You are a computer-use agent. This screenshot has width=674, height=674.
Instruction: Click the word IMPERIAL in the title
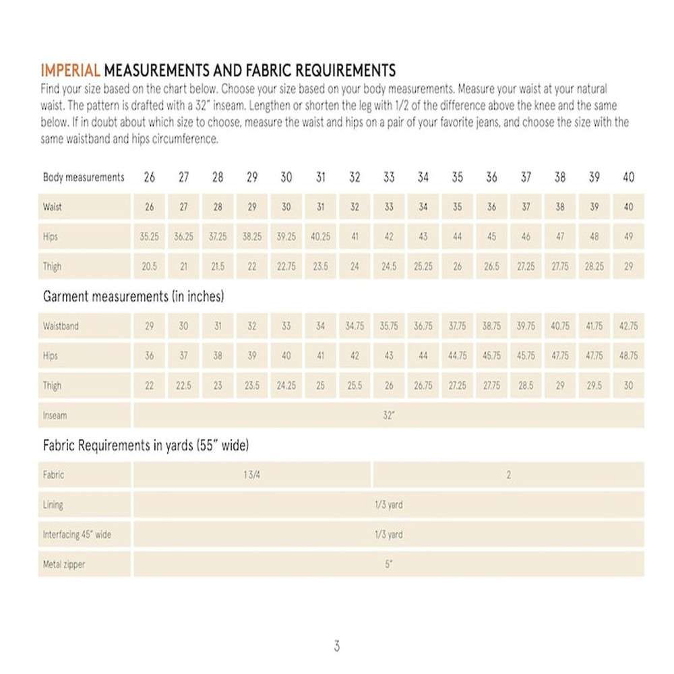tap(71, 70)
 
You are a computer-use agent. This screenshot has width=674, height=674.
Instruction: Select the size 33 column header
tap(389, 177)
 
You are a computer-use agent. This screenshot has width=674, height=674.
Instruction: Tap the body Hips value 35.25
tap(150, 237)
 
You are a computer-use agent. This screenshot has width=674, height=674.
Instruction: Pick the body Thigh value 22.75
tap(286, 267)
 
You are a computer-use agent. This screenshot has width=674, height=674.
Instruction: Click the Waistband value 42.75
tap(628, 326)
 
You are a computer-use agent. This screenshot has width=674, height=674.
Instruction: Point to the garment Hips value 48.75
tap(628, 356)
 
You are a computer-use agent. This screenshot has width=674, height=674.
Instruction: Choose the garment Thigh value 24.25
tap(286, 386)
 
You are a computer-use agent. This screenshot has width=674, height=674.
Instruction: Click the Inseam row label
tap(55, 416)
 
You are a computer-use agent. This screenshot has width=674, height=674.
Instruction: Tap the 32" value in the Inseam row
tap(388, 416)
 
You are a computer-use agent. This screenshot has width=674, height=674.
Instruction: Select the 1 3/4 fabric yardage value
tap(251, 475)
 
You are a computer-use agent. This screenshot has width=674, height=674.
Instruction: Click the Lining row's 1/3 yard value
tap(388, 505)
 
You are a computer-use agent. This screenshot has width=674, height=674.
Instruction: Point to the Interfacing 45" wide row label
tap(77, 535)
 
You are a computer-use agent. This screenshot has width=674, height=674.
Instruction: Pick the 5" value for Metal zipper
tap(388, 565)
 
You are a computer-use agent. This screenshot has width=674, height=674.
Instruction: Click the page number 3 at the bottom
tap(336, 646)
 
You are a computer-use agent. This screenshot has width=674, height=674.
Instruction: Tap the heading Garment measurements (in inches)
tap(133, 297)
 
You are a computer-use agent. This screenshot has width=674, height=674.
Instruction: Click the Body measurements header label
tap(84, 178)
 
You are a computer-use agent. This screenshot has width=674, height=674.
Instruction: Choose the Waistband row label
tap(61, 326)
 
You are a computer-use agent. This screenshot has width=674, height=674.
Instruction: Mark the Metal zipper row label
tap(64, 565)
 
